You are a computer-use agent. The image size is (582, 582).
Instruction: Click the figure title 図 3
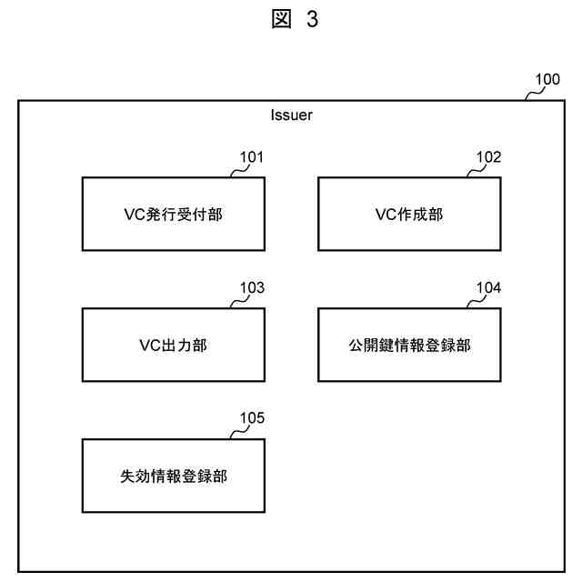tap(292, 19)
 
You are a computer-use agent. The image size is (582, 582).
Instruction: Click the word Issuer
tap(292, 115)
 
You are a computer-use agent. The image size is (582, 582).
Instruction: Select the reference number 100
tap(547, 79)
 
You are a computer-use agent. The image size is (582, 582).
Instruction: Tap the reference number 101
tap(252, 156)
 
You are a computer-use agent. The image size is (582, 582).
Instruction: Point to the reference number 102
tap(488, 156)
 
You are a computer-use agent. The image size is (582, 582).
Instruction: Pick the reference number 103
tap(252, 287)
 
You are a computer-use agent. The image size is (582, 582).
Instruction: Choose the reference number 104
tap(488, 287)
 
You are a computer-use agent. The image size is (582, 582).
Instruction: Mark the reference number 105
tap(252, 418)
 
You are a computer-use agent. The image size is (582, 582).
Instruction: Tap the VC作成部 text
tap(408, 215)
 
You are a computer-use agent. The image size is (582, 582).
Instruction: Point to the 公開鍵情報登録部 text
tap(408, 346)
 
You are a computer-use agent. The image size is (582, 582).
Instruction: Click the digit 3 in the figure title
tap(311, 19)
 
